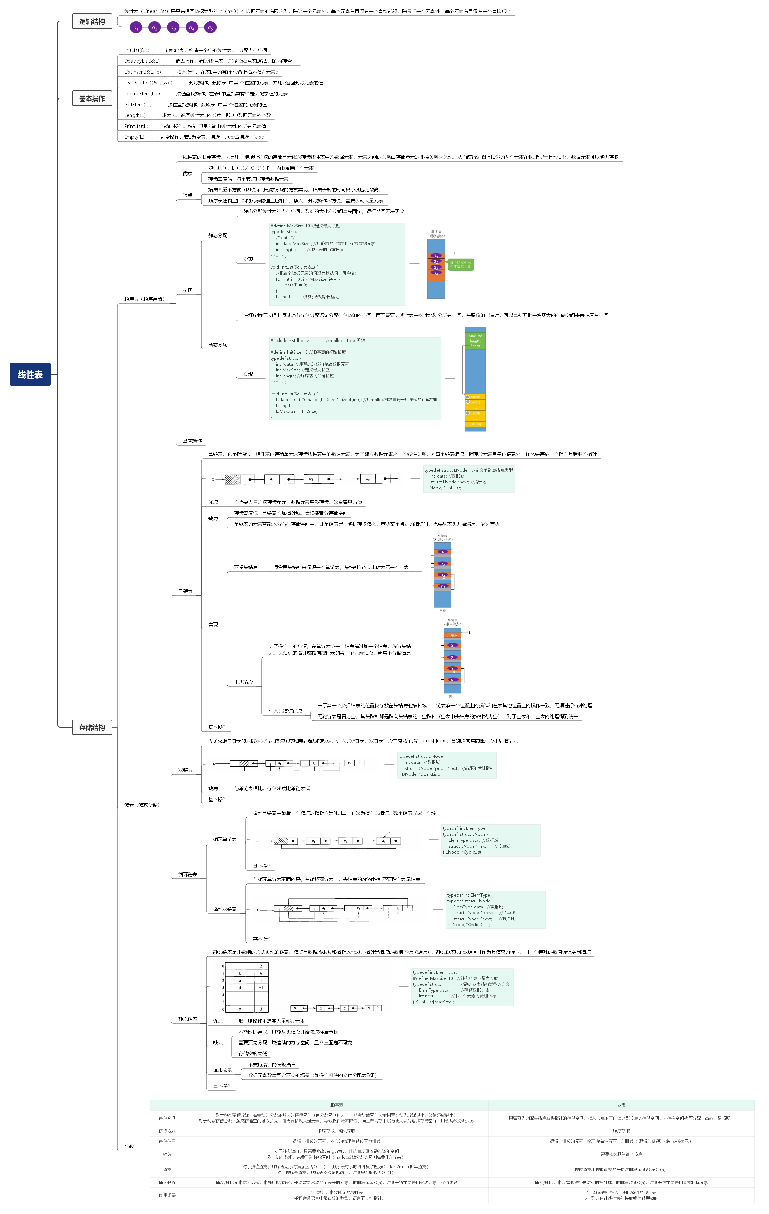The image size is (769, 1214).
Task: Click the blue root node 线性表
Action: pos(30,374)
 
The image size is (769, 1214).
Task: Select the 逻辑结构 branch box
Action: pos(92,22)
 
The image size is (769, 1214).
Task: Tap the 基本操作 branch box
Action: pos(92,99)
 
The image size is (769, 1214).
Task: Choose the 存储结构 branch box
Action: pos(92,727)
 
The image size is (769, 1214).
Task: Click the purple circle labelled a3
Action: pos(173,28)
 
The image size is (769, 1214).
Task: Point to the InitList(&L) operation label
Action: pos(137,50)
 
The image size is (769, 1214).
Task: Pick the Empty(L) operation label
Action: pos(134,137)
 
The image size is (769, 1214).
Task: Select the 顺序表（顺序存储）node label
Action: pos(144,299)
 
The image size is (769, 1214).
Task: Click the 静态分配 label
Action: pos(218,236)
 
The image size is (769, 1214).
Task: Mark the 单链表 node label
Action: pos(185,591)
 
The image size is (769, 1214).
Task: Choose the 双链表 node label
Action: pos(185,770)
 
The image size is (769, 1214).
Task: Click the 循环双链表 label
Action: pos(225,909)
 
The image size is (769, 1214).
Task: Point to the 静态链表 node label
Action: pos(188,1019)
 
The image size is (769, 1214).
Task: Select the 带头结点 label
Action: pos(243,682)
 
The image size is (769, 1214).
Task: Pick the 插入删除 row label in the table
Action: pos(167,1182)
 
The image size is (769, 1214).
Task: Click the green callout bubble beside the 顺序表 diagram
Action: pos(461,264)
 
